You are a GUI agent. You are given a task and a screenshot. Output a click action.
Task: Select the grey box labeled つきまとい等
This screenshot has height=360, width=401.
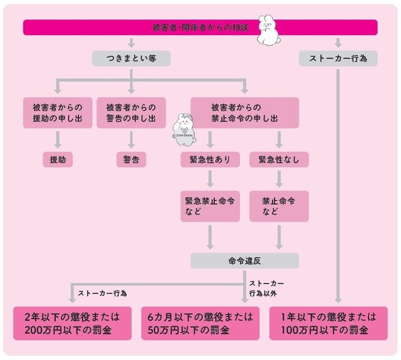[131, 58]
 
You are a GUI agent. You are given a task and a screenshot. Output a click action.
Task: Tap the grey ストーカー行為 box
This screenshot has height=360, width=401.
[338, 58]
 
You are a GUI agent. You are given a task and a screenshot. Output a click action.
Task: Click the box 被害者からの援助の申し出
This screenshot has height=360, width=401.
[58, 112]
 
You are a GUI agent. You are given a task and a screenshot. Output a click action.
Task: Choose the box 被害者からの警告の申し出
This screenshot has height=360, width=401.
[131, 112]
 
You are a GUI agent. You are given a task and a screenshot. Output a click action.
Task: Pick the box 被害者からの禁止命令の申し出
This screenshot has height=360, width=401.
[244, 112]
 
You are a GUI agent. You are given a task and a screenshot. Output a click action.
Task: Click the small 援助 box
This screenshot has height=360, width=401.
[58, 159]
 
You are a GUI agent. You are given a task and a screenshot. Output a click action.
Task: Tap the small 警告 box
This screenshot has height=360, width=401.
[131, 159]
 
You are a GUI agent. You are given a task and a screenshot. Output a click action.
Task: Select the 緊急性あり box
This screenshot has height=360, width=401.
[210, 159]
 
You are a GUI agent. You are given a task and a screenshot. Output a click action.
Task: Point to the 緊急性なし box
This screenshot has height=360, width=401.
[279, 159]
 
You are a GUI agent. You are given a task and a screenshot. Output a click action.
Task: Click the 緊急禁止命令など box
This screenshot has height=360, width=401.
[210, 206]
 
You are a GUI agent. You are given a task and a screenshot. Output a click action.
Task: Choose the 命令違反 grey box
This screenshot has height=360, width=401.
[244, 260]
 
